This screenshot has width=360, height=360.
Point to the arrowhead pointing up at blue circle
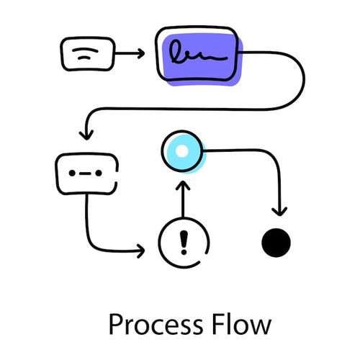183,186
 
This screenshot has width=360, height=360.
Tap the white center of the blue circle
183,151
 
